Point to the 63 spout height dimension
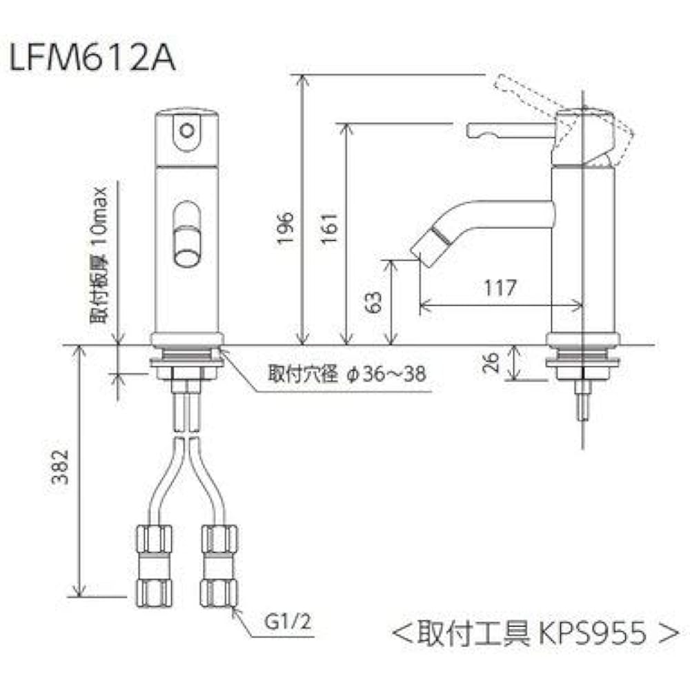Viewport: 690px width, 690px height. pyautogui.click(x=373, y=302)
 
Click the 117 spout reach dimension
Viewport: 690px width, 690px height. pyautogui.click(x=500, y=288)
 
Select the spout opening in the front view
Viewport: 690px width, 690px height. pyautogui.click(x=186, y=235)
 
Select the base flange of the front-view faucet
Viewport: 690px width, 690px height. pyautogui.click(x=187, y=339)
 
